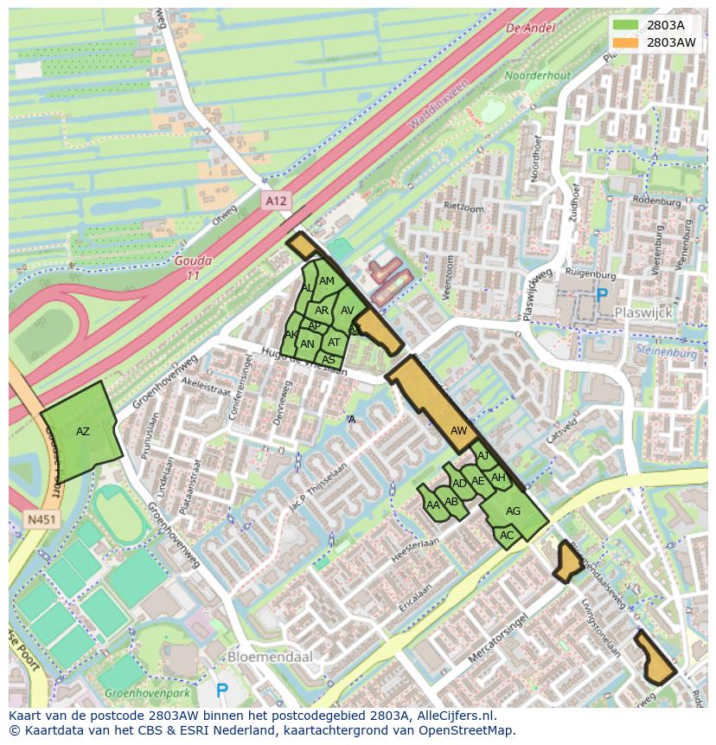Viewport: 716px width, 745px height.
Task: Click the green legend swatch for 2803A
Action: [625, 24]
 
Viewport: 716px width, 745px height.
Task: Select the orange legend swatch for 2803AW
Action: [625, 42]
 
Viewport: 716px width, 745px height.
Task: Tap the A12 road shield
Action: [275, 201]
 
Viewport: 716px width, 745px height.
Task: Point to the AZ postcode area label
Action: [83, 431]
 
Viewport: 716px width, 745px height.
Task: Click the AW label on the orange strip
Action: [459, 430]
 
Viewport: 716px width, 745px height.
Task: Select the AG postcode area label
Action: [513, 511]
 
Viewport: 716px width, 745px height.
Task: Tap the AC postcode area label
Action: [507, 536]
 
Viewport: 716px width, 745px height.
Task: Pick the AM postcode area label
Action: [327, 281]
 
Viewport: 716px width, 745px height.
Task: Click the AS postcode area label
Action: [329, 360]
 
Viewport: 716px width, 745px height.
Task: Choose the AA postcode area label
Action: [433, 504]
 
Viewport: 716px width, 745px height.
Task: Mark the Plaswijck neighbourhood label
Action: [642, 311]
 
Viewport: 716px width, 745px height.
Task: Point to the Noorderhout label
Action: [538, 76]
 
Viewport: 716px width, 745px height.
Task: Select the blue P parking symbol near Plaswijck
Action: [602, 295]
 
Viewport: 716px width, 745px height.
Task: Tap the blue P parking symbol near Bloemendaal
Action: [221, 690]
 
